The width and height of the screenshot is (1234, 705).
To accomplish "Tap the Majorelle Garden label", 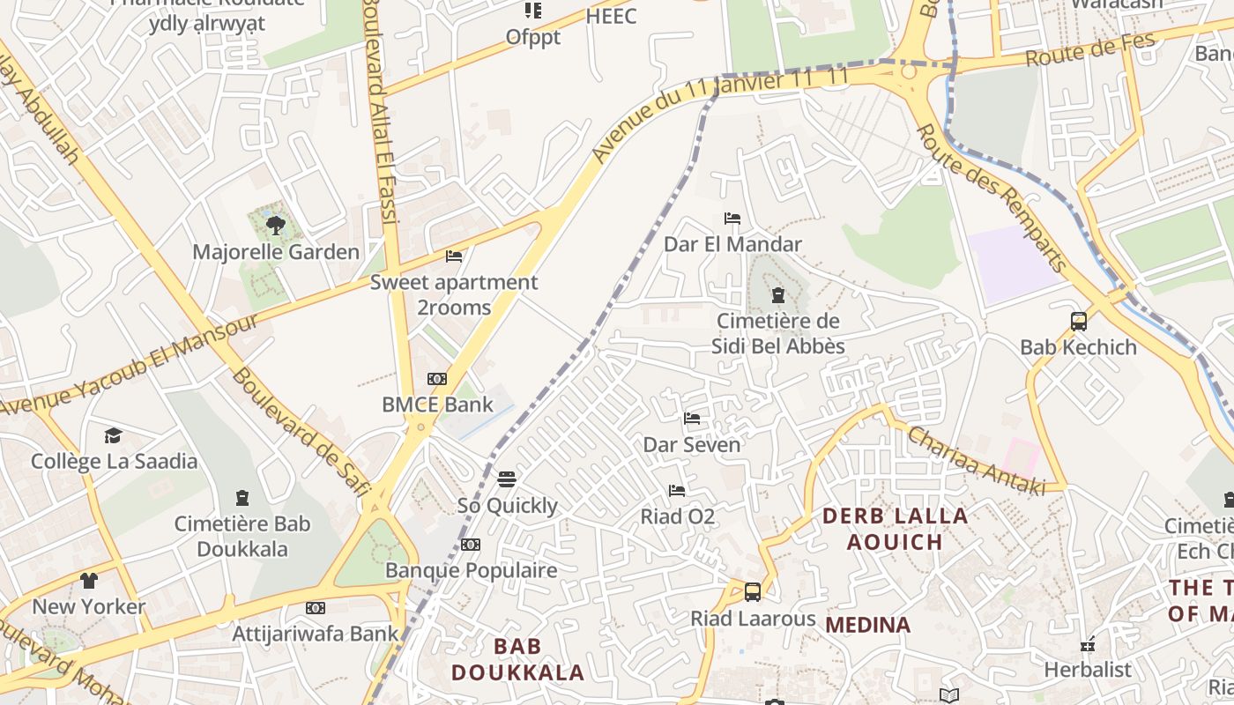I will [276, 252].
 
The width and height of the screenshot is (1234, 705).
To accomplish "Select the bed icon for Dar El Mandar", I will [732, 219].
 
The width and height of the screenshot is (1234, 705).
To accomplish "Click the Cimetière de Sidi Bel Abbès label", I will [777, 333].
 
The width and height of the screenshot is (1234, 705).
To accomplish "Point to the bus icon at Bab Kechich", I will [1079, 322].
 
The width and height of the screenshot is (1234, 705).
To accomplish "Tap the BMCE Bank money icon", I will [437, 379].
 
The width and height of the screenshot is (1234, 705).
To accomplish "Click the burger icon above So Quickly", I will [507, 479].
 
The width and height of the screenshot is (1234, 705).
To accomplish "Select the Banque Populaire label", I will [472, 570].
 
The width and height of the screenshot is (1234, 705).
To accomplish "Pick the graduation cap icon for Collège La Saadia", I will [113, 436].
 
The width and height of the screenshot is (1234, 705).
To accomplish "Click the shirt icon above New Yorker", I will [89, 581].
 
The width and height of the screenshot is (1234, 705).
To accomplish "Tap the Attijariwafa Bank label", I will [316, 633].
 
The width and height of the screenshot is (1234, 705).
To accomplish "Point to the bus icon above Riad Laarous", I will [753, 592].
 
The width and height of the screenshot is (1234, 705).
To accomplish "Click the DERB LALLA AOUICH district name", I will [895, 529].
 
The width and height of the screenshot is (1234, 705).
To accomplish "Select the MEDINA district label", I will [867, 625].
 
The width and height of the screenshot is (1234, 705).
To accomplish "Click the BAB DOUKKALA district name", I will [517, 659].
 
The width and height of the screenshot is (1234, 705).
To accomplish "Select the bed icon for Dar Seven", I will [692, 419].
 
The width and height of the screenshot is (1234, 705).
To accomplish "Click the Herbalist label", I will [1087, 670].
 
